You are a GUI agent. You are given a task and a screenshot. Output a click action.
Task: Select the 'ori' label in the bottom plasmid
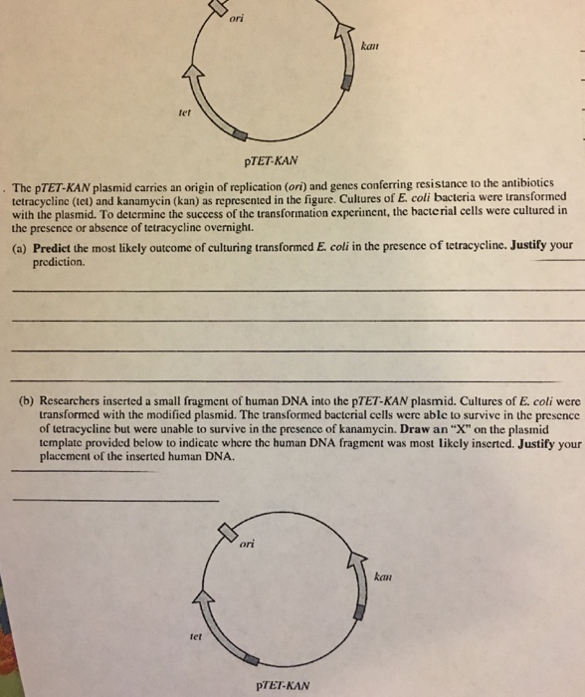(249, 544)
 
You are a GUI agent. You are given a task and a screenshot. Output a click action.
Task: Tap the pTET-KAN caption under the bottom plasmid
(283, 685)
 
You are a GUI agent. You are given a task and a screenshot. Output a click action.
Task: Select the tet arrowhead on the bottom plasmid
(208, 594)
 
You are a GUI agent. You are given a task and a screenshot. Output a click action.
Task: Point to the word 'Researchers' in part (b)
(75, 405)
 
